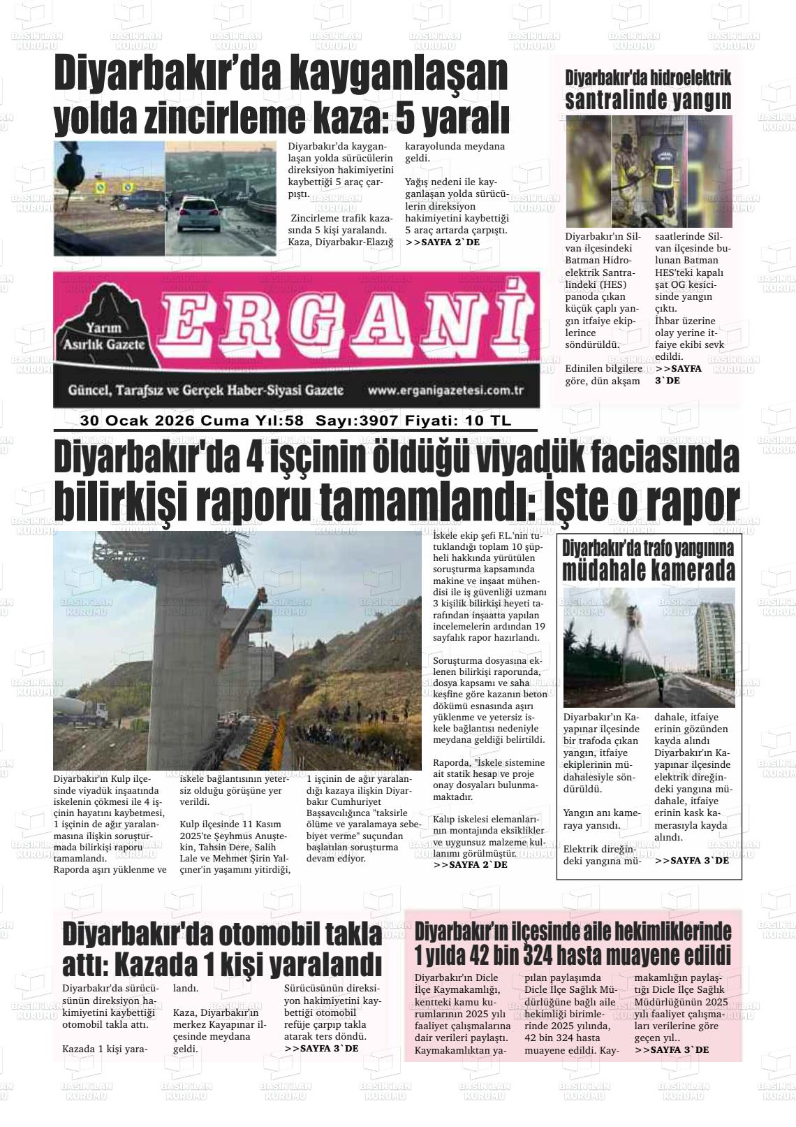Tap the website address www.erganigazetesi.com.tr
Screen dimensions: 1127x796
pyautogui.click(x=445, y=391)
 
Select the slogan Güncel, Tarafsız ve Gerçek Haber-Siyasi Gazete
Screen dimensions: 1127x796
pyautogui.click(x=205, y=391)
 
